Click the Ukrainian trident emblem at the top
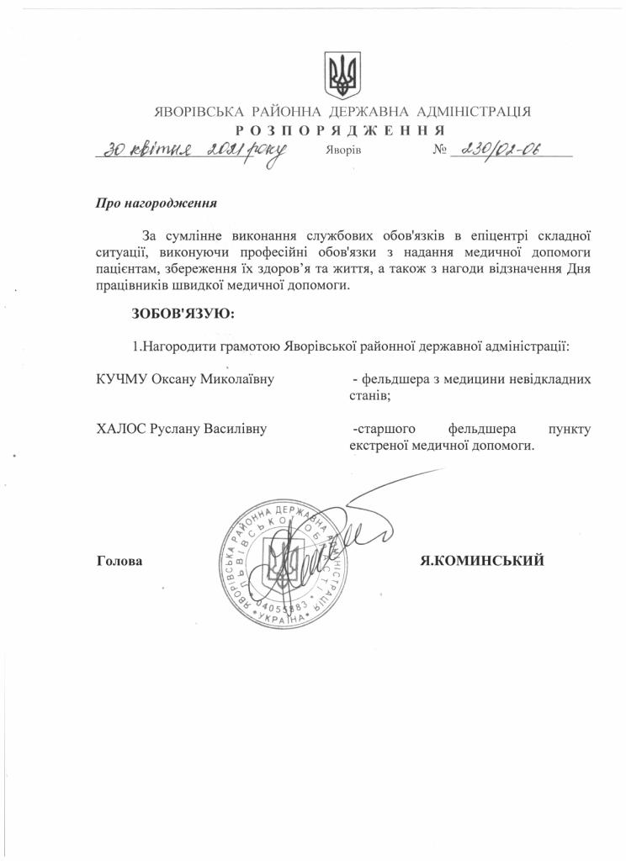(342, 75)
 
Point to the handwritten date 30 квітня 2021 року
(191, 152)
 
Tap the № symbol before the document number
(439, 151)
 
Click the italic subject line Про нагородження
(156, 203)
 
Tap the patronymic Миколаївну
(237, 380)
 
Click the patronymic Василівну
(231, 430)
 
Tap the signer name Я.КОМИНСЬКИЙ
(482, 560)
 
